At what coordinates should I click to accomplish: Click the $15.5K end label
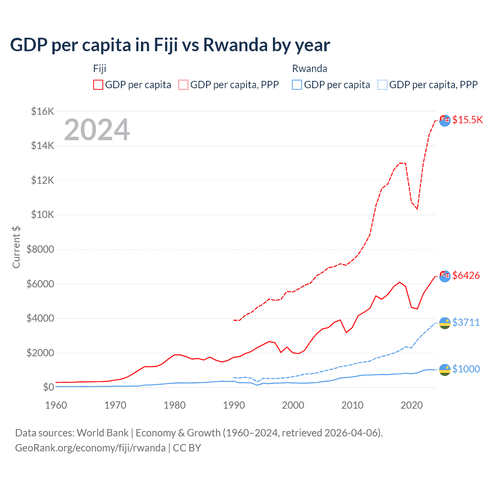[467, 120]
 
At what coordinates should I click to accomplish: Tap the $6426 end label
[466, 275]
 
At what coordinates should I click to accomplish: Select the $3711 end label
[466, 322]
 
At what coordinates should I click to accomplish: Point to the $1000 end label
[466, 369]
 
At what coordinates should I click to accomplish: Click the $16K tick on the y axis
[42, 111]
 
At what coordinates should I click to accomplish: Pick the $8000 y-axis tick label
[40, 249]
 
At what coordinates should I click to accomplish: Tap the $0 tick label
[48, 387]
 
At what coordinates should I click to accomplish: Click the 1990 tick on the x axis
[234, 405]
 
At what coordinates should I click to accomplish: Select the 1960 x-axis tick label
[56, 405]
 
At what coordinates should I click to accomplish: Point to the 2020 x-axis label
[412, 405]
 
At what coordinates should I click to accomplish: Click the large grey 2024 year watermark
[97, 130]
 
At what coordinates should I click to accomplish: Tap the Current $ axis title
[16, 247]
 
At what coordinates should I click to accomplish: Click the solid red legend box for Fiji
[98, 85]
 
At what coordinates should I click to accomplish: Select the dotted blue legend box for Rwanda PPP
[382, 85]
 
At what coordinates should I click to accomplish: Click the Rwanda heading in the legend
[310, 69]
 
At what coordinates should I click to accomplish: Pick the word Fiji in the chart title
[166, 45]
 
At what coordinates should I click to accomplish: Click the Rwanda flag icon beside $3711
[445, 323]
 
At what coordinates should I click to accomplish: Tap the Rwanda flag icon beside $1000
[445, 369]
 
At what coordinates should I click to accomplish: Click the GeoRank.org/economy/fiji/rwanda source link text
[90, 448]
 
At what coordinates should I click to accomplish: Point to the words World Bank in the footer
[102, 433]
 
